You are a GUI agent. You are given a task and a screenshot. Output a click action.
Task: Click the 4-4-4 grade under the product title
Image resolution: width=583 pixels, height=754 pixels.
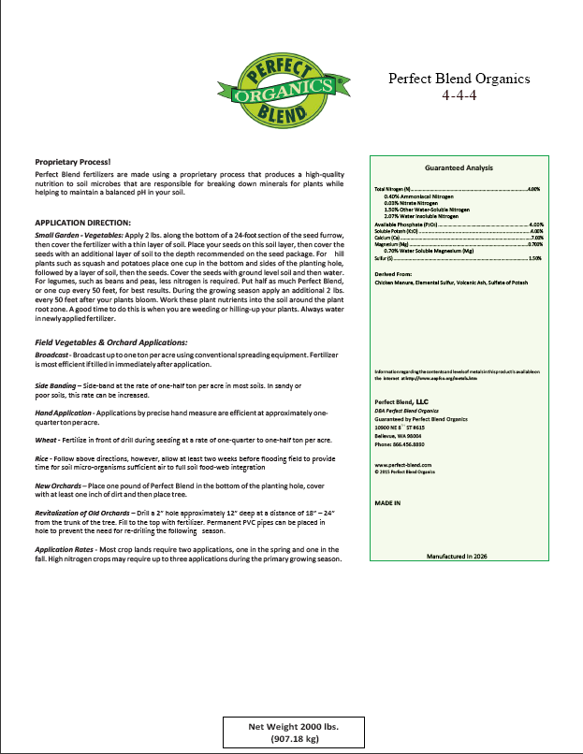point(459,95)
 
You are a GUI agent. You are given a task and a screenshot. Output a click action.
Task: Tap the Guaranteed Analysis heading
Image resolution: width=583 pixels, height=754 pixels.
point(459,168)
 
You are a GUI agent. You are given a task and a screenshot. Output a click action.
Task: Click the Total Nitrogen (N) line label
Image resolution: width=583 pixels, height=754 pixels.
point(393,189)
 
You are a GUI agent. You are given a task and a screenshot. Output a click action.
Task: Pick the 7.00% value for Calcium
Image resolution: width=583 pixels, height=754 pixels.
point(536,238)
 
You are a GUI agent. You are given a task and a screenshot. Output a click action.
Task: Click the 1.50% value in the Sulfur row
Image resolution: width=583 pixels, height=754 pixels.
point(536,258)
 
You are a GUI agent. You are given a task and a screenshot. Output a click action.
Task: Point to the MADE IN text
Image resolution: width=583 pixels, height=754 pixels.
point(386,502)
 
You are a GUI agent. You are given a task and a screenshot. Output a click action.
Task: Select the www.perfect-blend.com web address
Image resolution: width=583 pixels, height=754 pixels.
point(402,465)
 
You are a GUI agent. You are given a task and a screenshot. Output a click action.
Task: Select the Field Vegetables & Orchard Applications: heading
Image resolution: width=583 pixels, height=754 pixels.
point(105,341)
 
